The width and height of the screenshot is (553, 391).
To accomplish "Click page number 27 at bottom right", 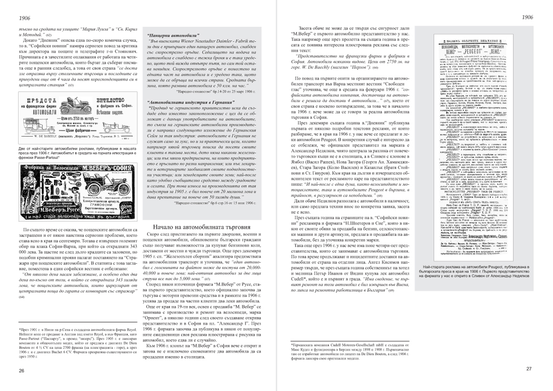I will click(x=529, y=369).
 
